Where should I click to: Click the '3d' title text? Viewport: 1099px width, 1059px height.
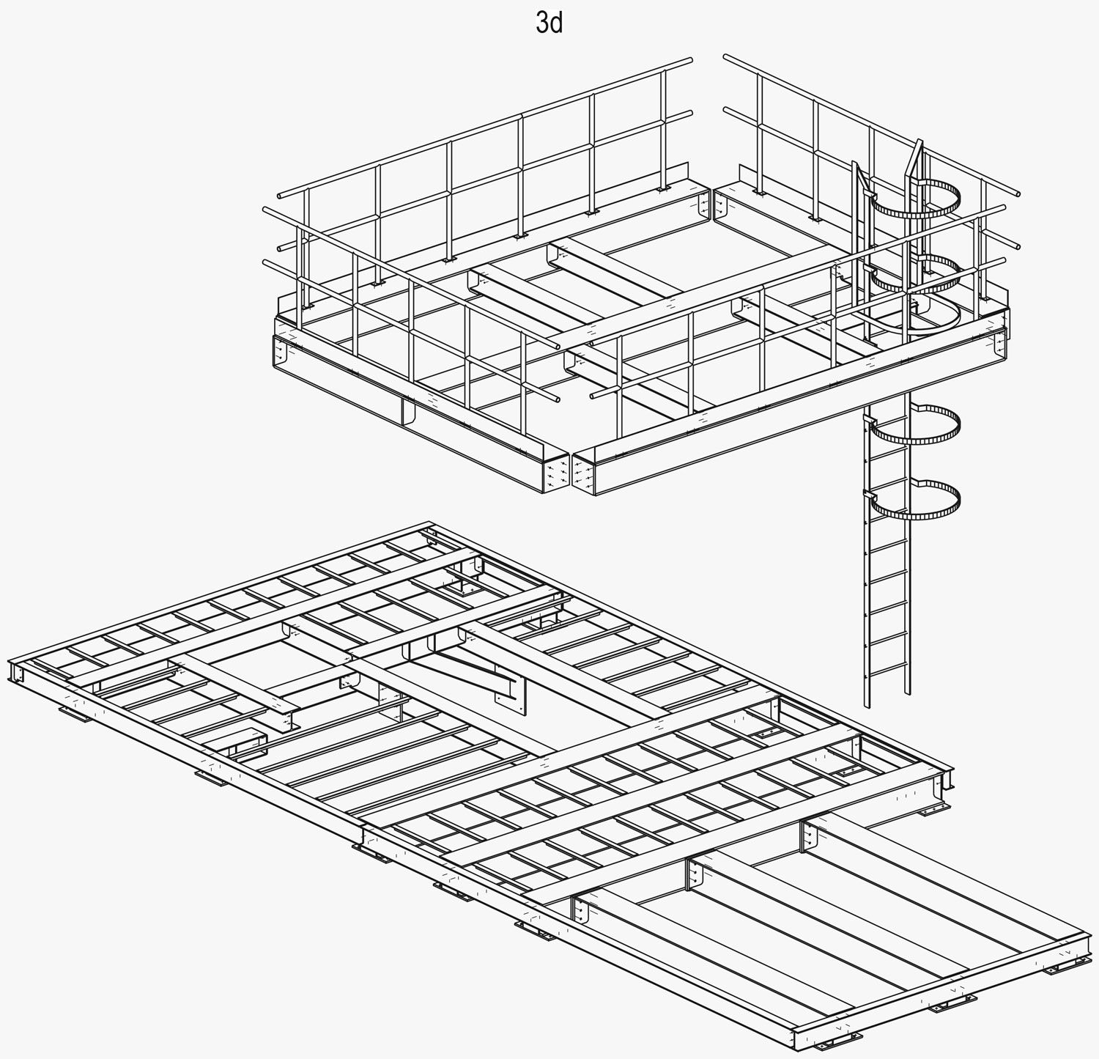pos(549,23)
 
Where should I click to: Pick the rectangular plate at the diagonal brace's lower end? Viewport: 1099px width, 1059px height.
pos(511,693)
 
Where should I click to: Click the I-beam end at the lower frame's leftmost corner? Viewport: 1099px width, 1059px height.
pos(15,673)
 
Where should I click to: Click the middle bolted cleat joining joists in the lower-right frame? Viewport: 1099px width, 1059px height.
pos(693,872)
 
